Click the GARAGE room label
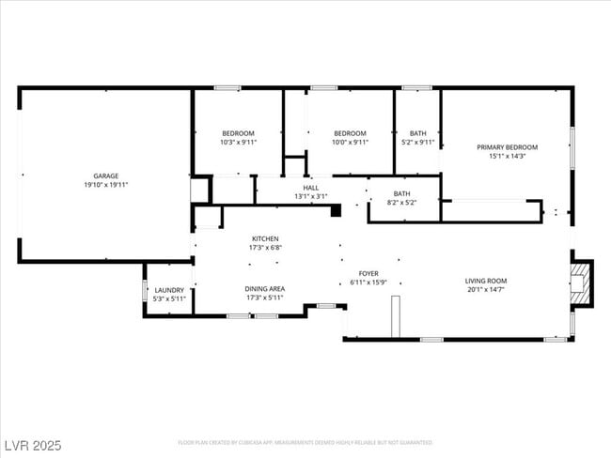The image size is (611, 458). pos(105,176)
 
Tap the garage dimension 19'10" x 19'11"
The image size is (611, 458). pos(105,185)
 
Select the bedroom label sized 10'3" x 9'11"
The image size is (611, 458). pos(238,133)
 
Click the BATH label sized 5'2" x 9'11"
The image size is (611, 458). pos(417,133)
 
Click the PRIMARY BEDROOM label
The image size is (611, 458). pos(507,147)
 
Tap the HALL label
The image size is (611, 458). pos(310,188)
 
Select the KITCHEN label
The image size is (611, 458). pos(264,239)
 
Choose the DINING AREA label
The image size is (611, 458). pos(264,288)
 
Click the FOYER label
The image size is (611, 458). pos(368,273)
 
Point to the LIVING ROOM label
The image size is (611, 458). pos(486,281)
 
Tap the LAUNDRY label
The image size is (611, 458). pos(169,290)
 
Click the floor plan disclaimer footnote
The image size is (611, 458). pos(305,442)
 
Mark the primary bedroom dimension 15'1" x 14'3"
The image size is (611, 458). pos(507,157)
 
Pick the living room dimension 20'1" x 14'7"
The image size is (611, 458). pos(486,290)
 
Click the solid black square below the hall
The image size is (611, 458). pos(335,211)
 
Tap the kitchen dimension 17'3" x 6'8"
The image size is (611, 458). pos(264,249)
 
